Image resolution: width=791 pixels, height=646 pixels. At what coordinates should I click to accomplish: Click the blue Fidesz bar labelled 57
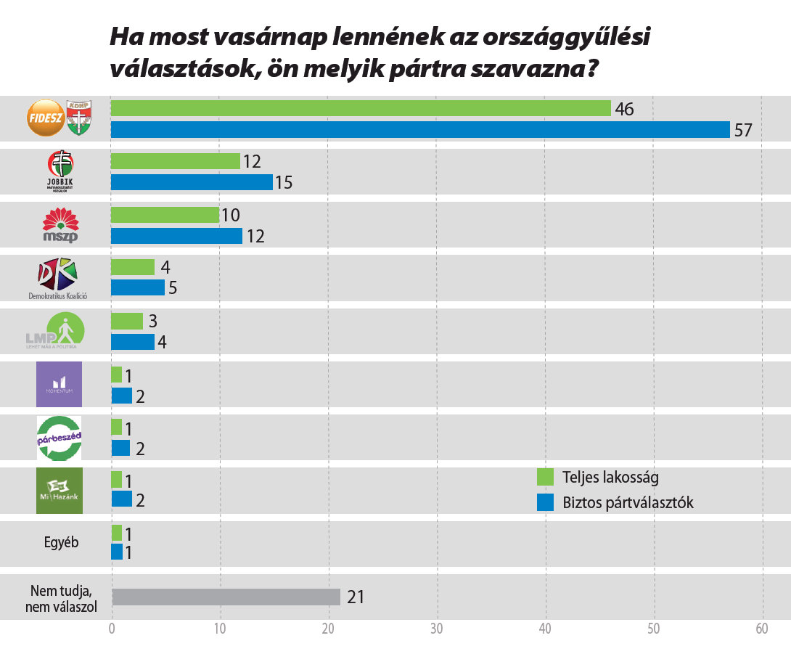click(420, 130)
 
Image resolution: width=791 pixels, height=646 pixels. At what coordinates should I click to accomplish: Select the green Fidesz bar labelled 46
click(361, 109)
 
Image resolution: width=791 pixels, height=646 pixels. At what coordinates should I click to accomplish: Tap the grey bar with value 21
click(226, 597)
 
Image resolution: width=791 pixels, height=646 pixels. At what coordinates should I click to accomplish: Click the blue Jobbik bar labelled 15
click(192, 182)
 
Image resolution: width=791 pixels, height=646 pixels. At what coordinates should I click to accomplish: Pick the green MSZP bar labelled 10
click(165, 215)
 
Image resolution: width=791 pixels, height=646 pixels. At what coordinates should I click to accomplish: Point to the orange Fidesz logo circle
click(45, 118)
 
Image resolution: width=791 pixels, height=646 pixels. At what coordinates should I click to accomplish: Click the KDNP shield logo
click(78, 118)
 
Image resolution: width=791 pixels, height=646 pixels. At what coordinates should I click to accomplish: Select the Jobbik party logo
click(60, 171)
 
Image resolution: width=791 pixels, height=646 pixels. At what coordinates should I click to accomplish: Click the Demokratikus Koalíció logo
click(57, 277)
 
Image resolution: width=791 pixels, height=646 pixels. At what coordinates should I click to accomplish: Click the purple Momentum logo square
click(59, 384)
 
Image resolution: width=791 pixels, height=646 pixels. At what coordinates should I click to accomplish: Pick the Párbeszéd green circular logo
click(59, 438)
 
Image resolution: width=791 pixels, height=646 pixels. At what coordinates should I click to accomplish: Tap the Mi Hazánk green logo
click(59, 491)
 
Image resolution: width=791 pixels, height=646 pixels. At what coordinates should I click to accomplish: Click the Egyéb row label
click(60, 543)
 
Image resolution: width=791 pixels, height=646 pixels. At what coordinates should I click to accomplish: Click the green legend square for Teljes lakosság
click(545, 477)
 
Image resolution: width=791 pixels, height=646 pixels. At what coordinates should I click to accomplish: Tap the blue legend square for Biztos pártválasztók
click(545, 502)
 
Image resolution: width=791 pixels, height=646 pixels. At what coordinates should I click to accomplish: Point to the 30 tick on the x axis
click(436, 629)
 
